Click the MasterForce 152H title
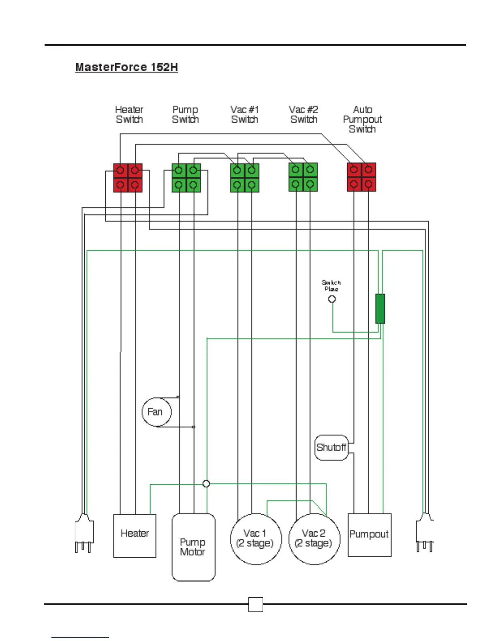[x=126, y=67]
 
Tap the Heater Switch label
[x=129, y=115]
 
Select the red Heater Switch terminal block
[x=128, y=178]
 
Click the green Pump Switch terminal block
[x=186, y=178]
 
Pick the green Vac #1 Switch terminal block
[x=244, y=178]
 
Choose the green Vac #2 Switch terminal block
[x=303, y=177]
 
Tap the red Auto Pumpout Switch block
[x=361, y=177]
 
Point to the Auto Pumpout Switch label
[x=362, y=119]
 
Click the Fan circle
[x=156, y=412]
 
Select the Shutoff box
[x=331, y=448]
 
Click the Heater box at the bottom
[x=135, y=536]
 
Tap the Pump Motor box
[x=193, y=547]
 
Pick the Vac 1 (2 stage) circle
[x=255, y=539]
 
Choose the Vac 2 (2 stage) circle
[x=314, y=539]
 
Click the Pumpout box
[x=369, y=535]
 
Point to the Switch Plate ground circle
[x=332, y=299]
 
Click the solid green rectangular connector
[x=380, y=309]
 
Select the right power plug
[x=425, y=533]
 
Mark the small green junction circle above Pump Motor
[x=206, y=484]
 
